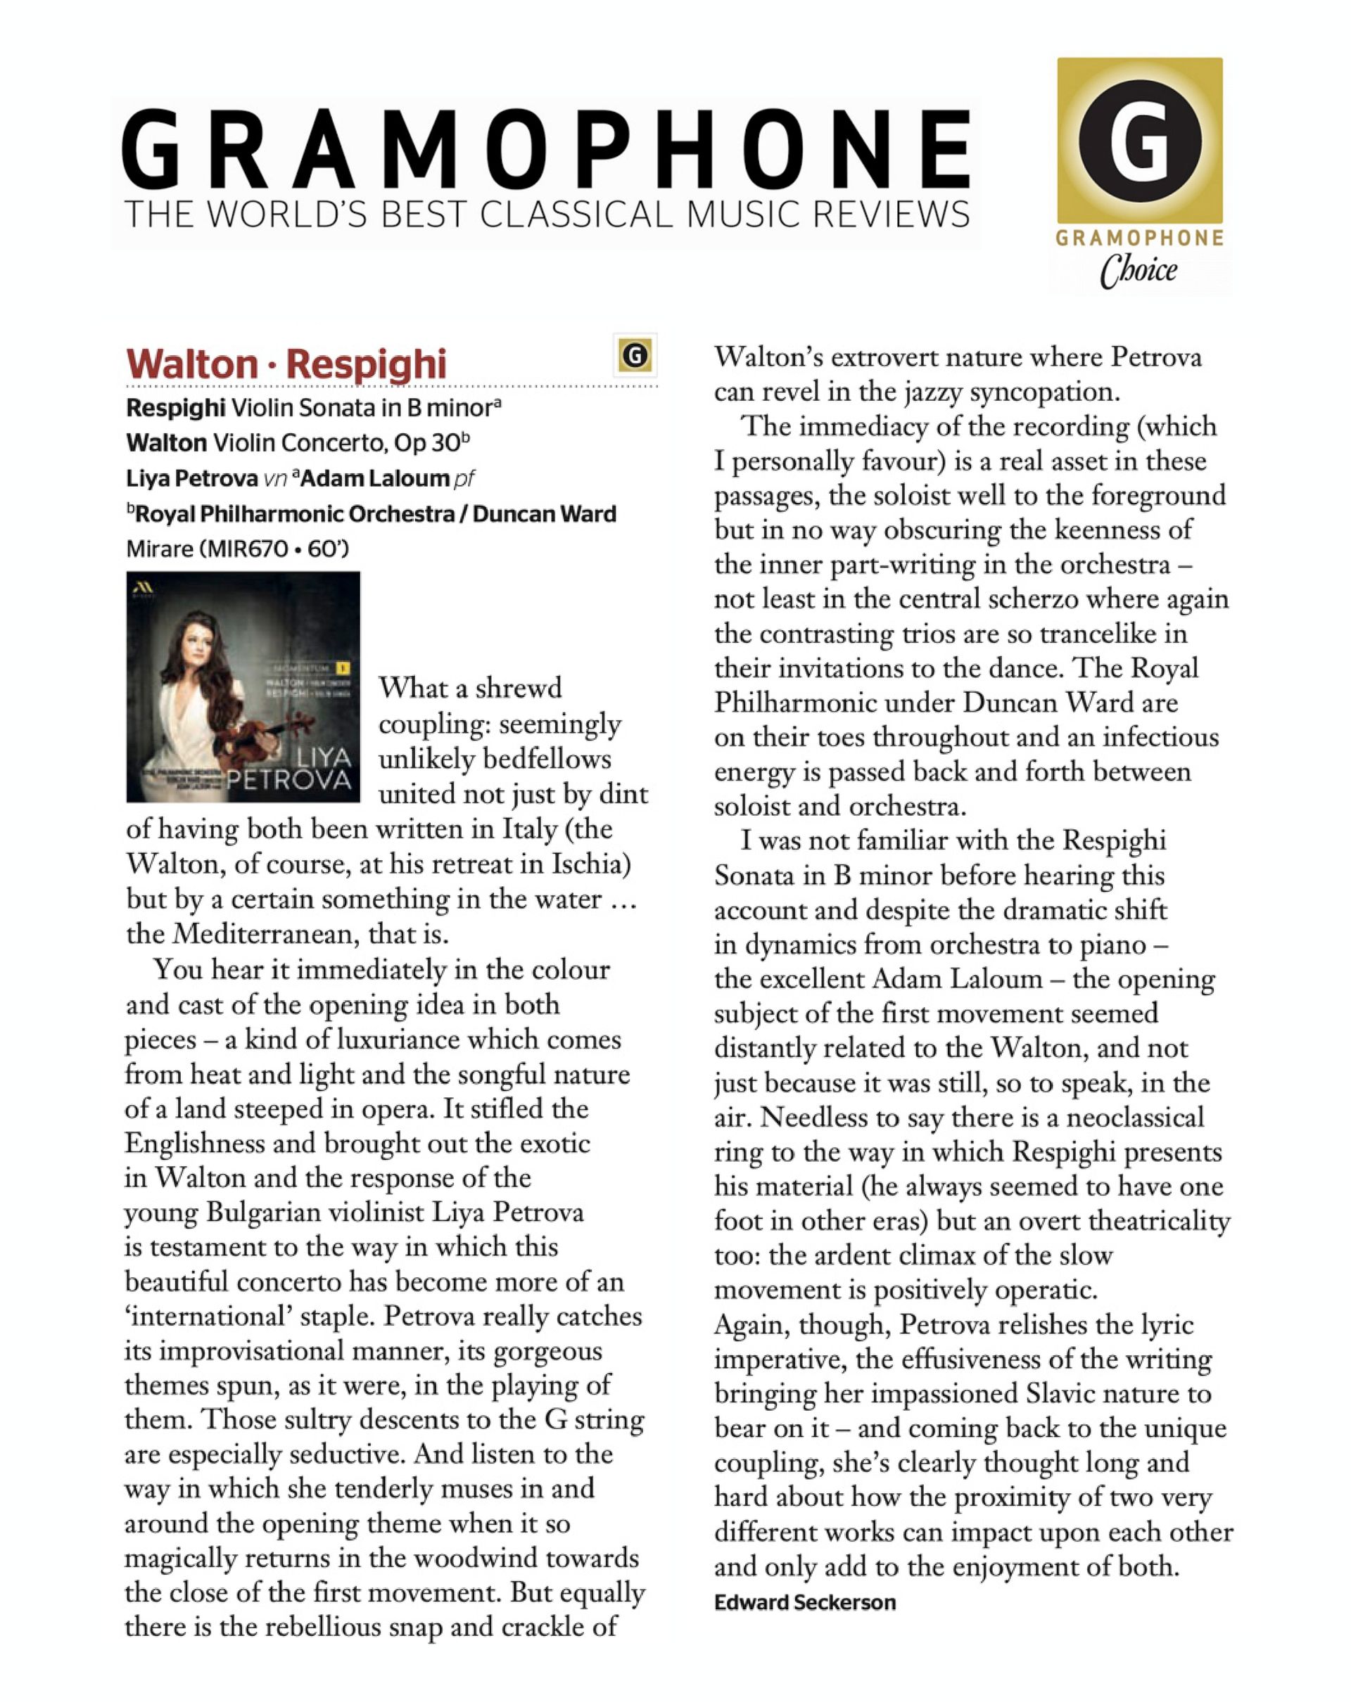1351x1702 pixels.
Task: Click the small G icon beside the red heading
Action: [x=635, y=355]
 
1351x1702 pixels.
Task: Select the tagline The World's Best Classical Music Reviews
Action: [x=547, y=215]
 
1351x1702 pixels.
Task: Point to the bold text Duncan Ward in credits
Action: [x=544, y=514]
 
